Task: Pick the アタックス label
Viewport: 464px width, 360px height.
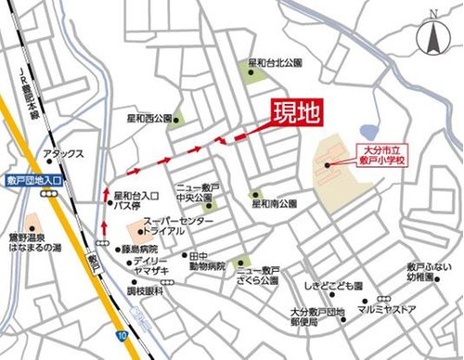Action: tap(64, 154)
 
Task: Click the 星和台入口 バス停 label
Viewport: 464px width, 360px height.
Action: tap(135, 201)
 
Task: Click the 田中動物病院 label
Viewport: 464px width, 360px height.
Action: tap(206, 260)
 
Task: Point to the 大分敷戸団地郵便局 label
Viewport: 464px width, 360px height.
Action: tap(316, 317)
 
